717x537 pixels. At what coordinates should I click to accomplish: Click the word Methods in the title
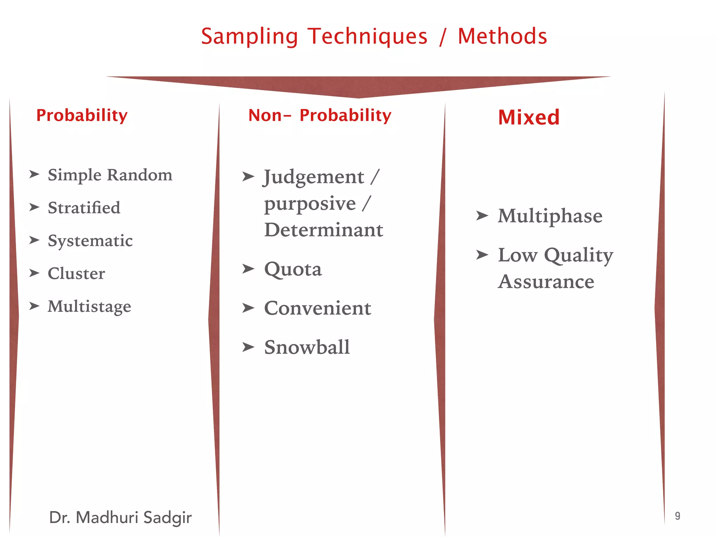pyautogui.click(x=502, y=36)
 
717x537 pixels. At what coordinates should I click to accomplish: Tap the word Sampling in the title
pyautogui.click(x=249, y=37)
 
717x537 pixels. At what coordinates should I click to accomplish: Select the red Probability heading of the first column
pyautogui.click(x=82, y=116)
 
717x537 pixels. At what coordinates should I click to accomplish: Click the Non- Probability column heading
pyautogui.click(x=319, y=116)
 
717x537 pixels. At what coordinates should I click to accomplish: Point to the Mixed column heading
pyautogui.click(x=529, y=117)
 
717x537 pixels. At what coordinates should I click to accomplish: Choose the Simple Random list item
pyautogui.click(x=110, y=175)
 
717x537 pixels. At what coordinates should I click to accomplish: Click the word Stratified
pyautogui.click(x=84, y=208)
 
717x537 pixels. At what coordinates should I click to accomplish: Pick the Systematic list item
pyautogui.click(x=90, y=241)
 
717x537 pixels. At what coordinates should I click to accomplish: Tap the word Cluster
pyautogui.click(x=76, y=273)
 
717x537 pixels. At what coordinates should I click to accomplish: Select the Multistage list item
pyautogui.click(x=90, y=307)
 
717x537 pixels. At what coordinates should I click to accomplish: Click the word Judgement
pyautogui.click(x=314, y=177)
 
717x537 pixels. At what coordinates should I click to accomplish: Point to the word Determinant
pyautogui.click(x=323, y=230)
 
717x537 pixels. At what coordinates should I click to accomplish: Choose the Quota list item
pyautogui.click(x=293, y=269)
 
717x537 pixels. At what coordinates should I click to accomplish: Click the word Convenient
pyautogui.click(x=318, y=308)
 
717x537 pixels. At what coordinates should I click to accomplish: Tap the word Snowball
pyautogui.click(x=307, y=348)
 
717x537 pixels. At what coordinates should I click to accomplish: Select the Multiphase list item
pyautogui.click(x=550, y=216)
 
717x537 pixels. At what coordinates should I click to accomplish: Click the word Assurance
pyautogui.click(x=546, y=282)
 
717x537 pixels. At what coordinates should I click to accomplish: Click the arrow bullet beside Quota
pyautogui.click(x=248, y=269)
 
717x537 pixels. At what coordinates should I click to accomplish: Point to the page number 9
pyautogui.click(x=677, y=516)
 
